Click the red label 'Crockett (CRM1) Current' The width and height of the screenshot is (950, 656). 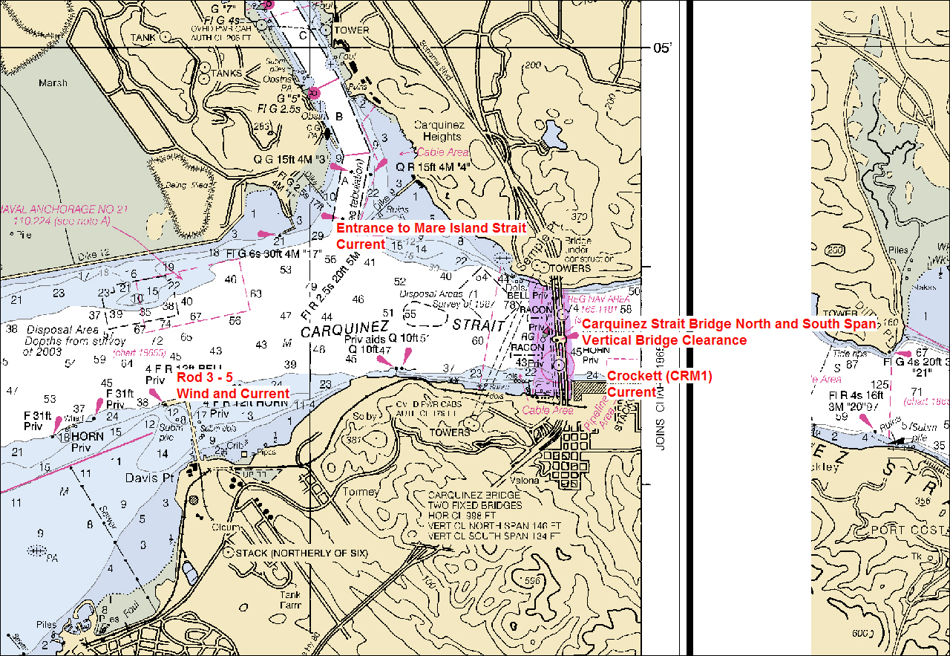point(659,384)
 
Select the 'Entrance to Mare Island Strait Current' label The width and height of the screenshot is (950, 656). point(431,236)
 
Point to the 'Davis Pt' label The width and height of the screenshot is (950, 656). point(148,478)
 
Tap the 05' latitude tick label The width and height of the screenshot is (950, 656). point(663,48)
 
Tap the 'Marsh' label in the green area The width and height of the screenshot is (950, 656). point(53,83)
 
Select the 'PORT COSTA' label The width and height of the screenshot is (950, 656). point(911,530)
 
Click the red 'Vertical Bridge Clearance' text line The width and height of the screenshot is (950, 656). point(664,340)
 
